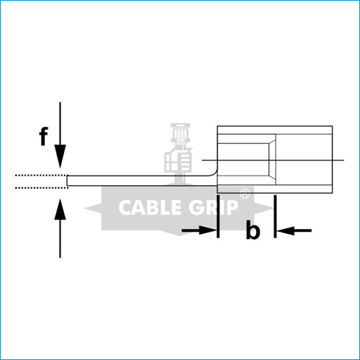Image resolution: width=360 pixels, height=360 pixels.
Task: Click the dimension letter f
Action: (43, 136)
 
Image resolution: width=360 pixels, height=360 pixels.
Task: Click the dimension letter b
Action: (253, 230)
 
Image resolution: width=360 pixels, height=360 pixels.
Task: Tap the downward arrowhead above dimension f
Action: (60, 156)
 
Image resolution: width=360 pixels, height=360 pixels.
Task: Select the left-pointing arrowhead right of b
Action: (286, 230)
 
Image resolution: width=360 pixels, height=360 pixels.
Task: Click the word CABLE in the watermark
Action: (150, 207)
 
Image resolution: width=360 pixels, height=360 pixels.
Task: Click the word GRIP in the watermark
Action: (213, 207)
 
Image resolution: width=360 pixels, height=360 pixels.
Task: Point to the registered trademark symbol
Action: (245, 194)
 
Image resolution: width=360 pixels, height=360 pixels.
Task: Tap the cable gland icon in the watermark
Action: (179, 153)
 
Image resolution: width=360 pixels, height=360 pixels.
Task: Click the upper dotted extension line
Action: (42, 176)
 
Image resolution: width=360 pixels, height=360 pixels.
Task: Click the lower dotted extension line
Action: (42, 188)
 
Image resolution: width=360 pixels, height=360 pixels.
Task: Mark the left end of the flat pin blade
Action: (67, 181)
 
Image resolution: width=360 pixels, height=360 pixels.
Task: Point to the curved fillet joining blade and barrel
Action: (214, 173)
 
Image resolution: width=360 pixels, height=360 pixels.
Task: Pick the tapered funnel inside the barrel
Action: (272, 159)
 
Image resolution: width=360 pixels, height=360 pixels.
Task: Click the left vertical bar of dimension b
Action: (218, 216)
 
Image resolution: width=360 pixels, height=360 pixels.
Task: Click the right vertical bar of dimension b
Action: (275, 216)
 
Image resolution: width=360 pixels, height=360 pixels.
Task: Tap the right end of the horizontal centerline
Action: (344, 160)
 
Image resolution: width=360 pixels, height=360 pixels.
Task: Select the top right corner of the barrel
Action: (333, 126)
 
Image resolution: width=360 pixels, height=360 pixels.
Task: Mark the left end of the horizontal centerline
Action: (202, 160)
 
